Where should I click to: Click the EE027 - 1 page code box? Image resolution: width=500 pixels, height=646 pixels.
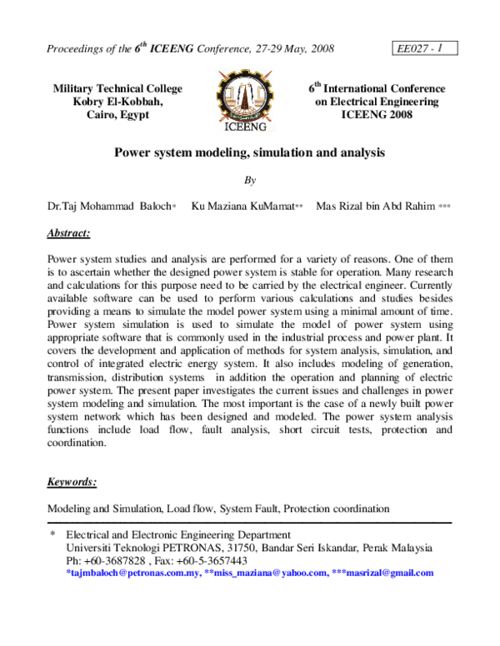tap(421, 48)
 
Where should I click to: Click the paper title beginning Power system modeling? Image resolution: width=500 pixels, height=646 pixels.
tap(250, 154)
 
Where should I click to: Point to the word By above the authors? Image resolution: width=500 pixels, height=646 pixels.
tap(250, 179)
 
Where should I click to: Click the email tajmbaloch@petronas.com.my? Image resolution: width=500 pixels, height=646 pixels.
tap(133, 573)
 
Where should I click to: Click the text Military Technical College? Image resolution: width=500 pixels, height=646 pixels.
tap(117, 88)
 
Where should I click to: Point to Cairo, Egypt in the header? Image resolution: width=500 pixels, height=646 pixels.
tap(117, 115)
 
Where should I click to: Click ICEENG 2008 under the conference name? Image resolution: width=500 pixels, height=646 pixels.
tap(376, 115)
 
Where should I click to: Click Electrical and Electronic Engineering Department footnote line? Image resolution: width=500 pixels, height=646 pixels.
tap(178, 534)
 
